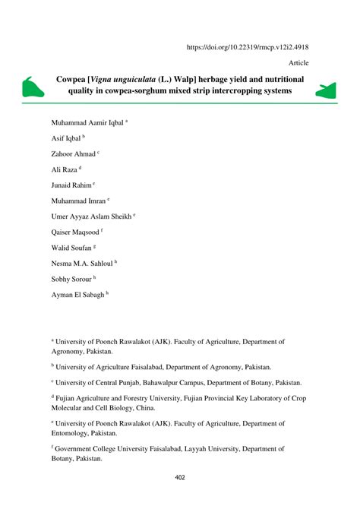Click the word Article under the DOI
pos(298,63)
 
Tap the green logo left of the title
pos(32,88)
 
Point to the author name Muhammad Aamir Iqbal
pos(87,122)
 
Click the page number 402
pos(179,477)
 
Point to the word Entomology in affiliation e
pos(71,433)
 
